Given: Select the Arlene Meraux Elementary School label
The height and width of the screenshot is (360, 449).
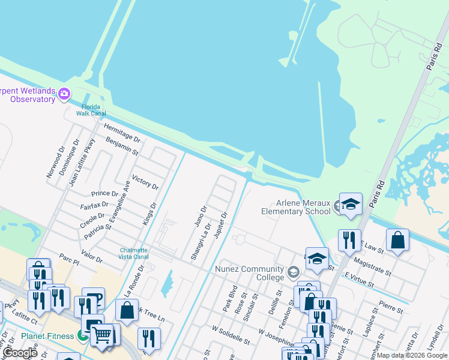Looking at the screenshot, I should tap(295, 207).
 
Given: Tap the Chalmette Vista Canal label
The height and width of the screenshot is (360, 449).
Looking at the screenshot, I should tap(133, 253).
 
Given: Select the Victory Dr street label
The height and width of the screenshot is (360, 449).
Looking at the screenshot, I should tap(145, 182).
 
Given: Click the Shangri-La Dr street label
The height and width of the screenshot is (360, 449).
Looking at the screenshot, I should tap(200, 242).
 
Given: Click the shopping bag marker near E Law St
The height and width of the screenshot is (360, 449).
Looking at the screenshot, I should tap(397, 241).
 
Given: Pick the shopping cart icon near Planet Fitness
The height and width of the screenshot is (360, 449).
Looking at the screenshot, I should tap(103, 335).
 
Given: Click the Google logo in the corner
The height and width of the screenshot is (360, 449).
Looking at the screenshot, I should tap(20, 353).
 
